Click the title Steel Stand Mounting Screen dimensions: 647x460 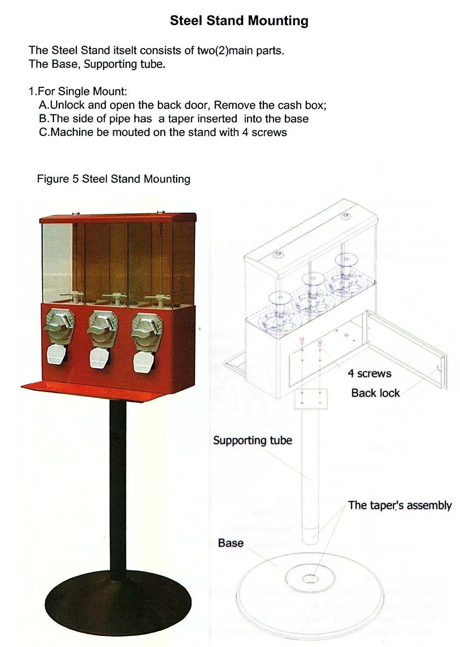point(239,20)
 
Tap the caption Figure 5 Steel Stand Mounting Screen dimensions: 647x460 point(114,179)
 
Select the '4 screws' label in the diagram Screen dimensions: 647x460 point(369,373)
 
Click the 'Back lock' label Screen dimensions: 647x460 point(375,393)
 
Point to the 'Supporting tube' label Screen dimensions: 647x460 point(253,440)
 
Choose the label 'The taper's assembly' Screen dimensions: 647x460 point(400,505)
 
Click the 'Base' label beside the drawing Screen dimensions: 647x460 point(230,543)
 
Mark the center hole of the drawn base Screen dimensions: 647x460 point(309,578)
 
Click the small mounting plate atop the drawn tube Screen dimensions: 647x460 point(310,399)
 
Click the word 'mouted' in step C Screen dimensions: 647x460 point(131,132)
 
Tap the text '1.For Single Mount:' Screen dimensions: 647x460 point(78,92)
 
